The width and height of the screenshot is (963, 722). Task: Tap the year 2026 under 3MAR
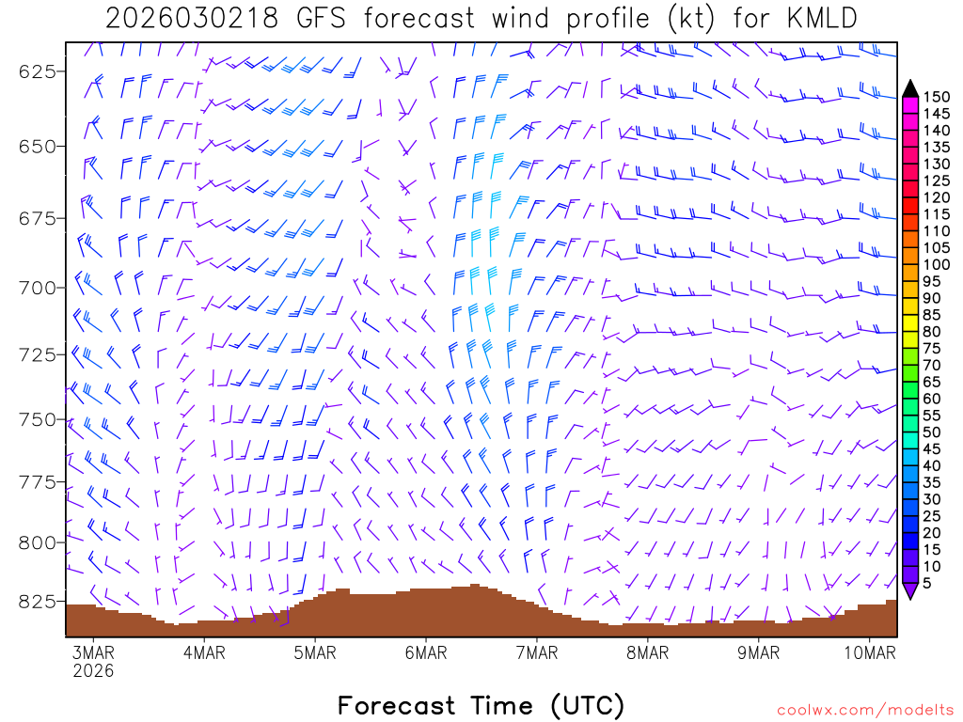(x=93, y=671)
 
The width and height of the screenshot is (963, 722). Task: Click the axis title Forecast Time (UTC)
(x=481, y=705)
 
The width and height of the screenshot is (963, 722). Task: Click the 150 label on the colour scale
(x=936, y=97)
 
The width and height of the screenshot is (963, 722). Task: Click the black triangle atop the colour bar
(x=910, y=88)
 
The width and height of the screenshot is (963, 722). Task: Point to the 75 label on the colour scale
(x=932, y=348)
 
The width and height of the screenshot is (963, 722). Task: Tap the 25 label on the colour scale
(x=932, y=516)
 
